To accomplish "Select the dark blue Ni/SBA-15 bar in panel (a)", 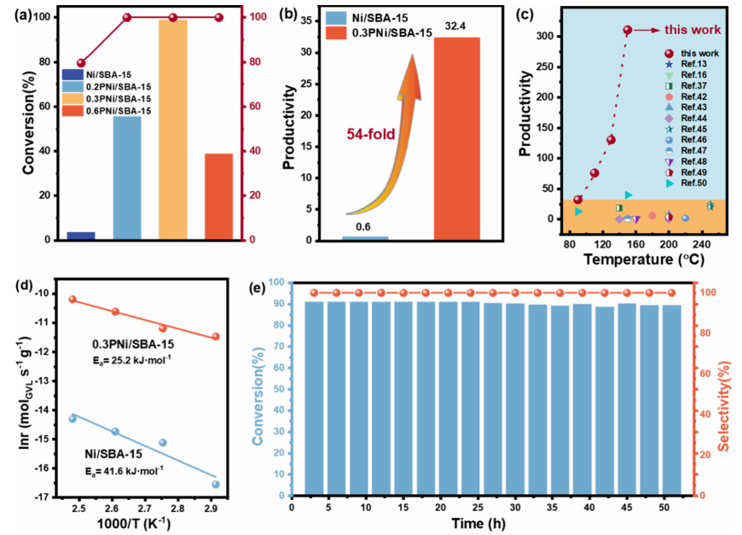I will point(81,235).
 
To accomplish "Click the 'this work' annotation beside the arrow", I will point(687,30).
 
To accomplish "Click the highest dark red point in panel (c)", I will point(628,30).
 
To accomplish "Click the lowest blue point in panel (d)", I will point(216,484).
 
